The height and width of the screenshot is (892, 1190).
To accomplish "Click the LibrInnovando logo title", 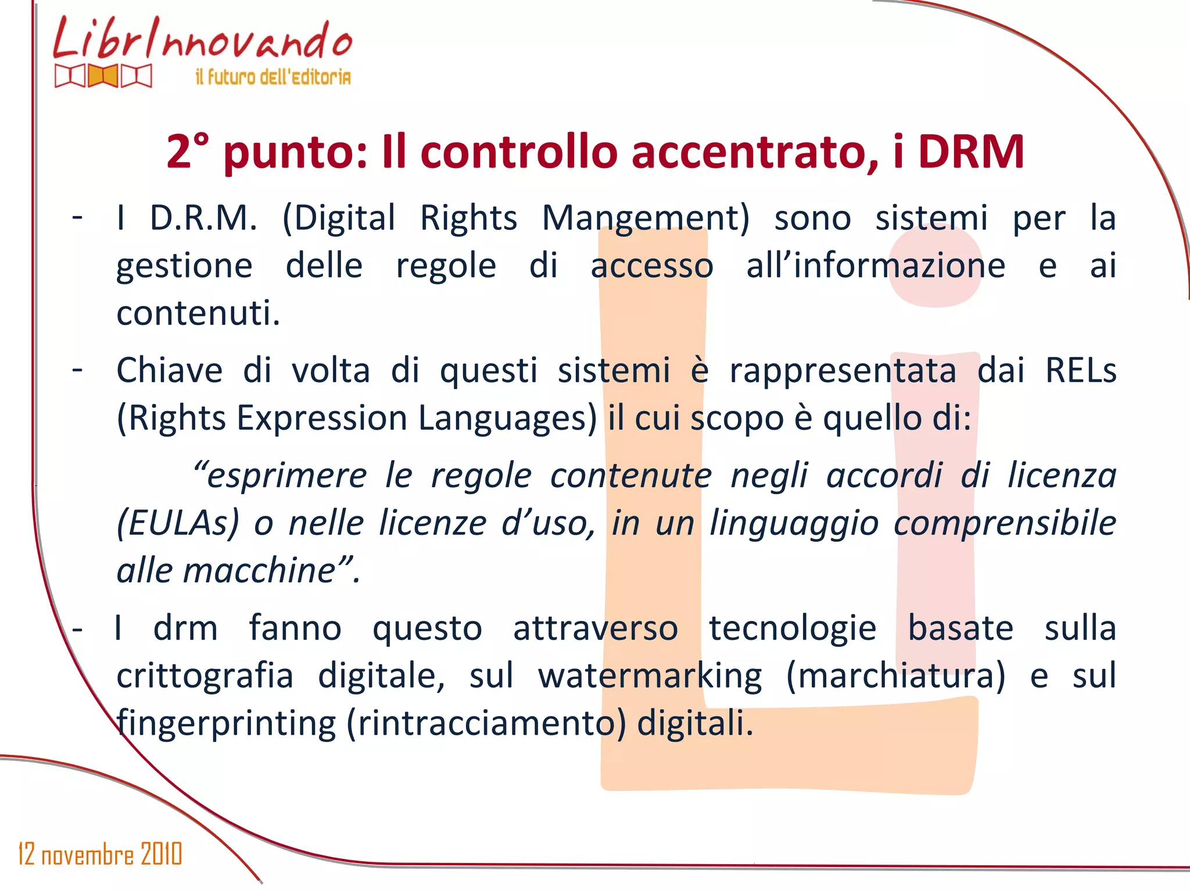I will point(202,39).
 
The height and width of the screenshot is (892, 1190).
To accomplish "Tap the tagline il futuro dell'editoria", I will point(273,77).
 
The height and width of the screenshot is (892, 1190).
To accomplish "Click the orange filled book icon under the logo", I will point(103,76).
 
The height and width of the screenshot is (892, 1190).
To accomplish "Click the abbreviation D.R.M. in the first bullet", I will point(203,218).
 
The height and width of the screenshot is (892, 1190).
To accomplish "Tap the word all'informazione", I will point(876,266).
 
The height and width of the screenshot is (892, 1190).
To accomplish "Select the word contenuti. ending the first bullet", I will point(198,314).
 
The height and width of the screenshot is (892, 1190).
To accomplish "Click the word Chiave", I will point(170,371).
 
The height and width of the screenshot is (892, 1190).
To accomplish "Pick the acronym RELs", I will point(1081,371).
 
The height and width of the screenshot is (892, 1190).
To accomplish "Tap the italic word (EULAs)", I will point(178,523).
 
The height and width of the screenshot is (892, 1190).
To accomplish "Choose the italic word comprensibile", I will point(1005,523).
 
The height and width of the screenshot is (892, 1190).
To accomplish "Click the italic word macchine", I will point(259,570).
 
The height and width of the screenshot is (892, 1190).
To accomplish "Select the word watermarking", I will point(650,676).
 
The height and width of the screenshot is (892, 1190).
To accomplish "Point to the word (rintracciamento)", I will point(486,724).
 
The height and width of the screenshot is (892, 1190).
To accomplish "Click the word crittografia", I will point(205,676).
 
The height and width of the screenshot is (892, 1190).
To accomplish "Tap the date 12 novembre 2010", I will point(100,854).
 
